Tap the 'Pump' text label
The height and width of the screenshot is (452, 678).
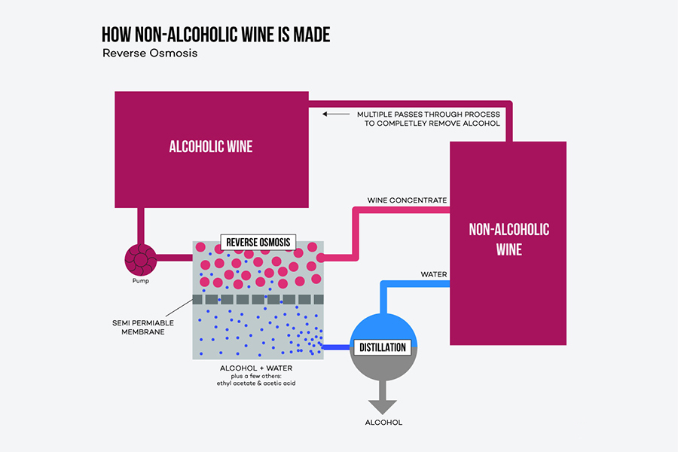click(141, 281)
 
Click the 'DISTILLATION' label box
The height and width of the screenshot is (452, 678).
click(383, 347)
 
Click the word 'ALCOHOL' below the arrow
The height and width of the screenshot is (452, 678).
click(383, 422)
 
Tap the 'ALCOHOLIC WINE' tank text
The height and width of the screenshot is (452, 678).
click(210, 146)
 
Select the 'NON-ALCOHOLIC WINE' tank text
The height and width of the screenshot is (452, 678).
click(508, 239)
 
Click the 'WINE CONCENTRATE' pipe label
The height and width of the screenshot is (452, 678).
click(407, 200)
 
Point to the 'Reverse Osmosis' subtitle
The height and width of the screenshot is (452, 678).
click(150, 54)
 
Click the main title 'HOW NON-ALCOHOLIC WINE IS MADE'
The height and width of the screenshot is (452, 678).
click(215, 35)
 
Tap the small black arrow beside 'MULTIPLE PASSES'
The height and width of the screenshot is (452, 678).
click(330, 114)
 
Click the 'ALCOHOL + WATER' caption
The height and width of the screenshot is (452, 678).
click(257, 368)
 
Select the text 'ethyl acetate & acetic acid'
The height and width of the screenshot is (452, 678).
click(257, 384)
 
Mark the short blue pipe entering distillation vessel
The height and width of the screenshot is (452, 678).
click(337, 347)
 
